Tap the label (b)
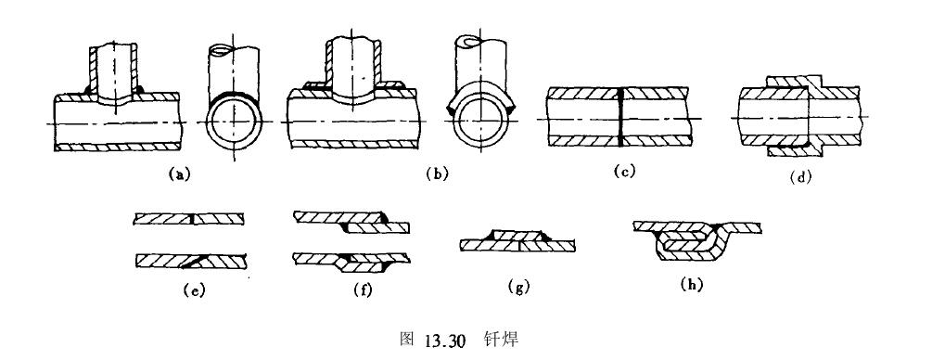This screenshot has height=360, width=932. pos(437,174)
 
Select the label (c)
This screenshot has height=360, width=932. pos(624,172)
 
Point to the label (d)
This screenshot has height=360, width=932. pos(800,176)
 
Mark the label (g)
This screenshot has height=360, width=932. pos(518,288)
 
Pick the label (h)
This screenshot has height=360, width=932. pos(691,285)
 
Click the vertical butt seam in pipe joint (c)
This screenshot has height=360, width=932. pos(619,117)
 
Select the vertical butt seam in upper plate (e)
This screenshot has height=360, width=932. pos(194,219)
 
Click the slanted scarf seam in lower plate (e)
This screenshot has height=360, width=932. pos(195,260)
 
